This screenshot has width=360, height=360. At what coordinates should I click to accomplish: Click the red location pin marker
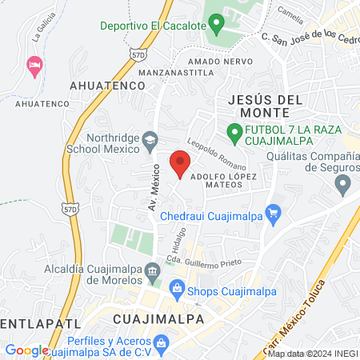(180, 164)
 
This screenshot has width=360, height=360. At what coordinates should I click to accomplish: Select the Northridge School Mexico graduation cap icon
(149, 141)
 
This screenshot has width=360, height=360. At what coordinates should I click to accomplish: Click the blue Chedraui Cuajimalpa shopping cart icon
(274, 213)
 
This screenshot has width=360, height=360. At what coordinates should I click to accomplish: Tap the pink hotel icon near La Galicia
(34, 65)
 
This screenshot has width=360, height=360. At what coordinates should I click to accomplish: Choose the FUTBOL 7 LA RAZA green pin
(234, 130)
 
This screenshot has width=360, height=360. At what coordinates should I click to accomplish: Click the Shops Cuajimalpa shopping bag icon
(177, 289)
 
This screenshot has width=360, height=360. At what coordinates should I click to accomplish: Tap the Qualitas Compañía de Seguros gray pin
(344, 185)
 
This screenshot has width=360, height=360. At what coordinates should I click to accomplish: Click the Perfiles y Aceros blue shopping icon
(162, 345)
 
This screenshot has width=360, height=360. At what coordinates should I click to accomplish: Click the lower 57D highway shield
(70, 208)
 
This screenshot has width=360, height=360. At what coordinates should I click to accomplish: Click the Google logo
(26, 350)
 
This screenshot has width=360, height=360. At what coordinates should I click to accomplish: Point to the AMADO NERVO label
(215, 61)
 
